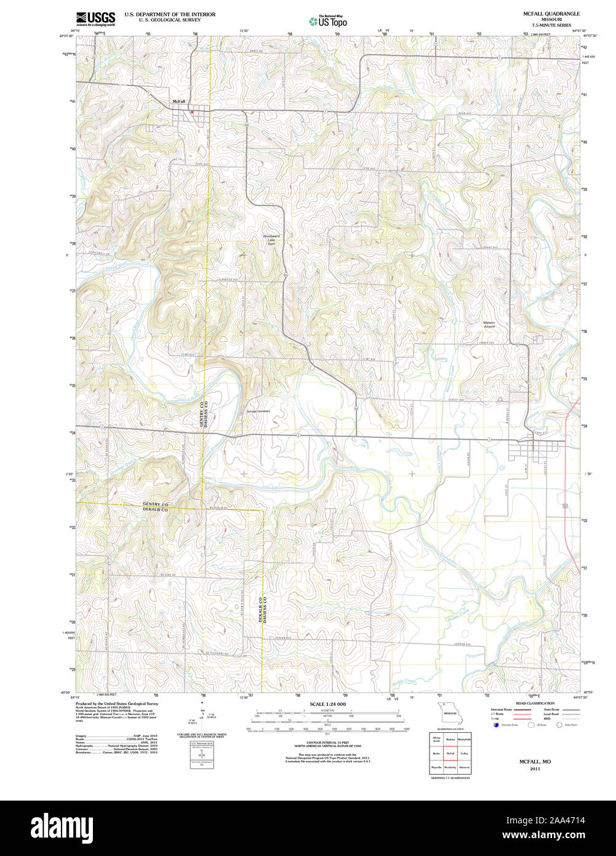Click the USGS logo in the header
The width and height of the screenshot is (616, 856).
coord(95,18)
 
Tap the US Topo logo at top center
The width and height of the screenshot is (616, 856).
coord(328,22)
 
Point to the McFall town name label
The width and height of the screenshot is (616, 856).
coord(178,102)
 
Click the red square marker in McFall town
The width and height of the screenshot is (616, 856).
coord(192,112)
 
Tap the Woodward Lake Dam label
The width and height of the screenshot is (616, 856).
coord(271,240)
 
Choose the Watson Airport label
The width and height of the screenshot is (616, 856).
coord(489,325)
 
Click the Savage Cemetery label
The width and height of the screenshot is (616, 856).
coord(258,411)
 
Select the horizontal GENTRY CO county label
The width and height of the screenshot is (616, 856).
coord(155,504)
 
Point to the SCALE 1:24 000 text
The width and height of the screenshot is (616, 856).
coord(327,704)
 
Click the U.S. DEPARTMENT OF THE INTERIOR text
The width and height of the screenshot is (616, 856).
coord(170,14)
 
